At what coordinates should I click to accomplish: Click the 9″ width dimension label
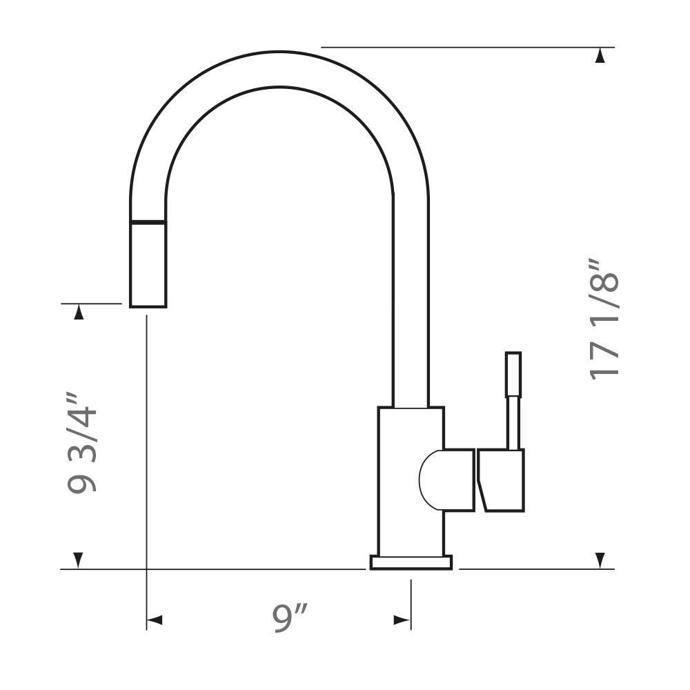click(290, 618)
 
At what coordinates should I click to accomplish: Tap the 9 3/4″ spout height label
click(82, 442)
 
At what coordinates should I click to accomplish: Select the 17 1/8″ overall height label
click(604, 319)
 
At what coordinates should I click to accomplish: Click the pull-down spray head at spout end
click(148, 265)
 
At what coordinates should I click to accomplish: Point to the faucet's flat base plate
click(411, 562)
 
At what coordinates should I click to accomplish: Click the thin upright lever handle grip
click(513, 374)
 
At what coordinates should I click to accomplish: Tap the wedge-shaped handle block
click(501, 480)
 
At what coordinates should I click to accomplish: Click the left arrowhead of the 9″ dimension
click(155, 620)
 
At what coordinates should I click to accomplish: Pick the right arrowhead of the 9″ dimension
click(402, 620)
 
